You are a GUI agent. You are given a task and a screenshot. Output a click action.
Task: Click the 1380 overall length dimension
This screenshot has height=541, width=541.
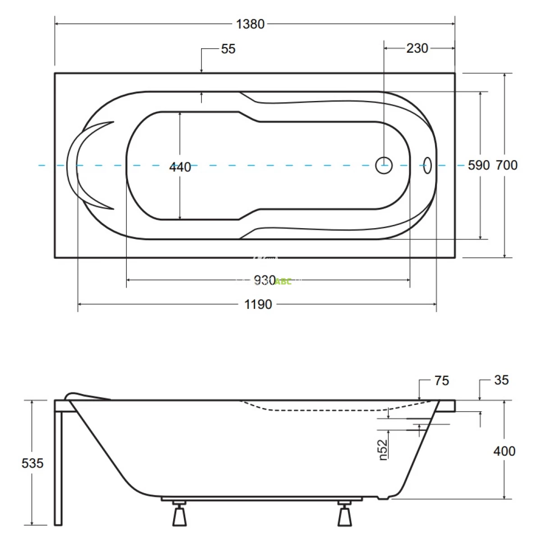pos(250,24)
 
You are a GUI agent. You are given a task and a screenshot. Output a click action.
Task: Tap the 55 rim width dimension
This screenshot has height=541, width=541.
pos(228,49)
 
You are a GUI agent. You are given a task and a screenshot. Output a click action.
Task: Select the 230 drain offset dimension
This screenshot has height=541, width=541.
pos(417,48)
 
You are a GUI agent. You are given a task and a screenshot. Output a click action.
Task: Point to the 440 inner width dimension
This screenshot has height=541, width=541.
pos(180,167)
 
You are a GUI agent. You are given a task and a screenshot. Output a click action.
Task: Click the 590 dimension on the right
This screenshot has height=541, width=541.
pos(478,165)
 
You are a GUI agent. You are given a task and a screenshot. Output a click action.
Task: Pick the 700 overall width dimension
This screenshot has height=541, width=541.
pos(507,165)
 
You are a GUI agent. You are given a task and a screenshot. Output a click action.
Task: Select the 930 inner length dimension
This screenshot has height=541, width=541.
pos(265,280)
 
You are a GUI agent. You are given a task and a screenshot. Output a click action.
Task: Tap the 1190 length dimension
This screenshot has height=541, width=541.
pos(258,305)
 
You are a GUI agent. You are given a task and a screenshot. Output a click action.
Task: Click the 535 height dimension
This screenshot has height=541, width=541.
pos(32,463)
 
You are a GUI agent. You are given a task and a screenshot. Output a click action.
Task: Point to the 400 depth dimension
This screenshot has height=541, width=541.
pos(504,451)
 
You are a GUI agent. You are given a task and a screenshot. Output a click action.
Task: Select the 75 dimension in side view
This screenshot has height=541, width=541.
pos(442,381)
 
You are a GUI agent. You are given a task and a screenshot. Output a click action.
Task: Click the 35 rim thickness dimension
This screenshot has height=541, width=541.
pos(501,380)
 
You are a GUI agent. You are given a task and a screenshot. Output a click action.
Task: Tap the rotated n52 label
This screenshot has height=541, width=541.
pos(383,450)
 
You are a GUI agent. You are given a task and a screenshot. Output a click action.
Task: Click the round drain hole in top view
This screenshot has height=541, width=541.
pos(384,165)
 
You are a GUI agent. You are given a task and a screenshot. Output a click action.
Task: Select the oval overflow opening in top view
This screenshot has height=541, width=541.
pos(427,165)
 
